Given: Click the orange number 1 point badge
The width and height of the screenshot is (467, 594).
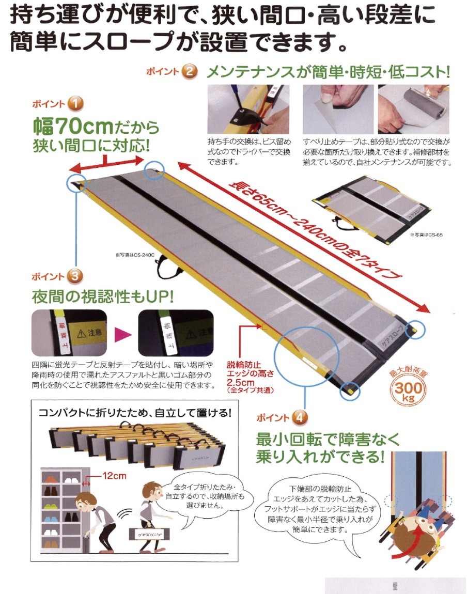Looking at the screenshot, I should (75, 103).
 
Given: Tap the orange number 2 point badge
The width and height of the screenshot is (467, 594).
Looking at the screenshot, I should (190, 71).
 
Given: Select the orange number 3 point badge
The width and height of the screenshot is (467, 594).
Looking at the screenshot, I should (75, 276).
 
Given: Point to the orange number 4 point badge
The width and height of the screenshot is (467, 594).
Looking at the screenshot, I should (300, 416).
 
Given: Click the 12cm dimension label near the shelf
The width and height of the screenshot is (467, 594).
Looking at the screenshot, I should (113, 474).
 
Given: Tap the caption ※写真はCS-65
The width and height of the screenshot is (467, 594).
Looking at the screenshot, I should (427, 234).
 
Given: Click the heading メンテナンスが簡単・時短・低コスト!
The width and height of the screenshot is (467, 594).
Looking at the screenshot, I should (328, 71).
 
